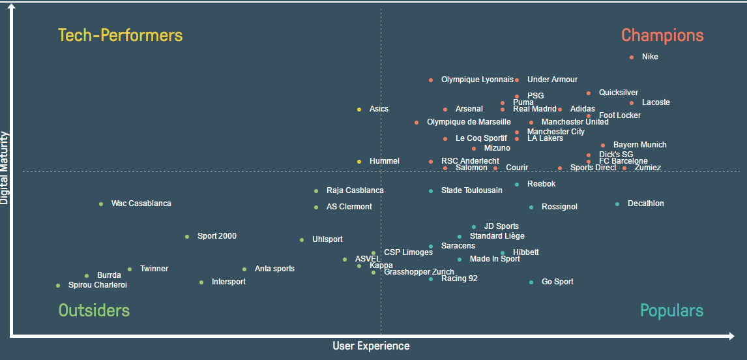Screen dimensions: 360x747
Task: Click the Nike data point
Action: pyautogui.click(x=632, y=57)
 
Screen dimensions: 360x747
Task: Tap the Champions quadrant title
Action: pyautogui.click(x=662, y=35)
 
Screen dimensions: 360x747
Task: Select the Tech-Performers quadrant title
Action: pyautogui.click(x=121, y=35)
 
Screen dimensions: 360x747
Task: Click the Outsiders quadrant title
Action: pyautogui.click(x=94, y=310)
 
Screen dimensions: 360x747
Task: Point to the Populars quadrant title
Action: pyautogui.click(x=671, y=310)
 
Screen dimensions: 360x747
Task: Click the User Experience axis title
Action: pyautogui.click(x=371, y=346)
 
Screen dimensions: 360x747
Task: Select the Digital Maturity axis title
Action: pyautogui.click(x=5, y=168)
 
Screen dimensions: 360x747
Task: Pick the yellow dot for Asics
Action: pyautogui.click(x=359, y=110)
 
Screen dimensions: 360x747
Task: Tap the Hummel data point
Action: pyautogui.click(x=359, y=162)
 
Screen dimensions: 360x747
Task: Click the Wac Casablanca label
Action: pyautogui.click(x=141, y=203)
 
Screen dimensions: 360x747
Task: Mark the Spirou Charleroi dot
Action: pyautogui.click(x=58, y=286)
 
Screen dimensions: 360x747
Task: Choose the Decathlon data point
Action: pyautogui.click(x=617, y=204)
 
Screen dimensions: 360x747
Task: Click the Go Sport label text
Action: pyautogui.click(x=557, y=282)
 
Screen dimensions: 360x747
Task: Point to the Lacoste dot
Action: pyautogui.click(x=632, y=103)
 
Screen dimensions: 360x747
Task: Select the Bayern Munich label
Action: pyautogui.click(x=639, y=145)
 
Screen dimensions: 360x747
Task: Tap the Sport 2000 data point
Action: pyautogui.click(x=187, y=237)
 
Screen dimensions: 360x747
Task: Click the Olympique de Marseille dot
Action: pyautogui.click(x=417, y=123)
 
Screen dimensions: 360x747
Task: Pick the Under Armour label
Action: pyautogui.click(x=552, y=80)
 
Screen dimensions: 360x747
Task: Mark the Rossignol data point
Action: pyautogui.click(x=531, y=207)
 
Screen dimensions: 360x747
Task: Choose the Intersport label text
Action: pyautogui.click(x=228, y=282)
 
